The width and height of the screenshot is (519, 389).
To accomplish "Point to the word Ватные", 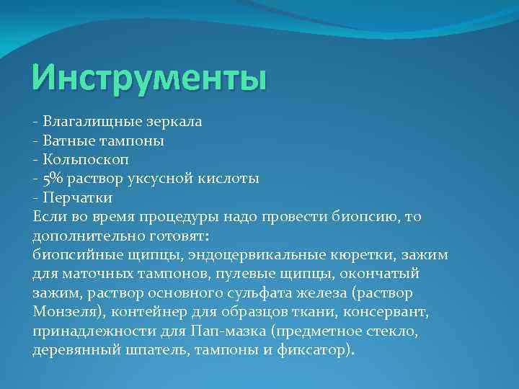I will (67, 140).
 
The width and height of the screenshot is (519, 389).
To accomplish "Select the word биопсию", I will (369, 216).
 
